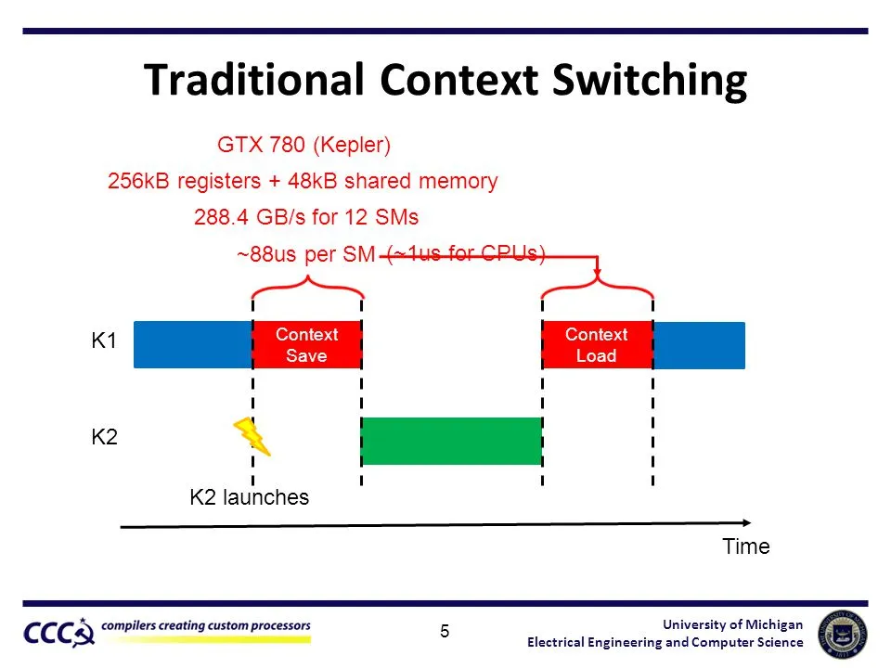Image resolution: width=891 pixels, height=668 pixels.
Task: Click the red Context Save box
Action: pyautogui.click(x=306, y=345)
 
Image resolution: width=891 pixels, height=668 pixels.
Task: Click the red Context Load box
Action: pyautogui.click(x=597, y=345)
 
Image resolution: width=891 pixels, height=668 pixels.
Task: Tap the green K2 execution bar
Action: pyautogui.click(x=451, y=441)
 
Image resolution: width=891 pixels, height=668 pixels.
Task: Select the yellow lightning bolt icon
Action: pyautogui.click(x=252, y=436)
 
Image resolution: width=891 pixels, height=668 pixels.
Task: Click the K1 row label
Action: pyautogui.click(x=103, y=341)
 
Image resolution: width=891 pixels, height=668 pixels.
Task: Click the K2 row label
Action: pyautogui.click(x=103, y=437)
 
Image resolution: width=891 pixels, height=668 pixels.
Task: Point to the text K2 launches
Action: pyautogui.click(x=249, y=497)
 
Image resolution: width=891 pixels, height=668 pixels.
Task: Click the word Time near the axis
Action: pyautogui.click(x=746, y=546)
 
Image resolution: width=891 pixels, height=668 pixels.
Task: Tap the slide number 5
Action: pyautogui.click(x=445, y=632)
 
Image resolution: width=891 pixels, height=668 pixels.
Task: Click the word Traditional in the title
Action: pyautogui.click(x=257, y=81)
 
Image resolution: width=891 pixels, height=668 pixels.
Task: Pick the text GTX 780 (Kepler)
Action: pyautogui.click(x=303, y=146)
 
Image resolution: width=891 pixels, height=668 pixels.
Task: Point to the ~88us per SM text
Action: pyautogui.click(x=305, y=255)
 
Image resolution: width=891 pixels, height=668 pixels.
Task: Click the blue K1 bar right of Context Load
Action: pyautogui.click(x=699, y=345)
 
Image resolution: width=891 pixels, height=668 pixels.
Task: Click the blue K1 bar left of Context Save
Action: pyautogui.click(x=192, y=345)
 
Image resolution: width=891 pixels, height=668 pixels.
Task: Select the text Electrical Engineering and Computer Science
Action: pyautogui.click(x=665, y=643)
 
